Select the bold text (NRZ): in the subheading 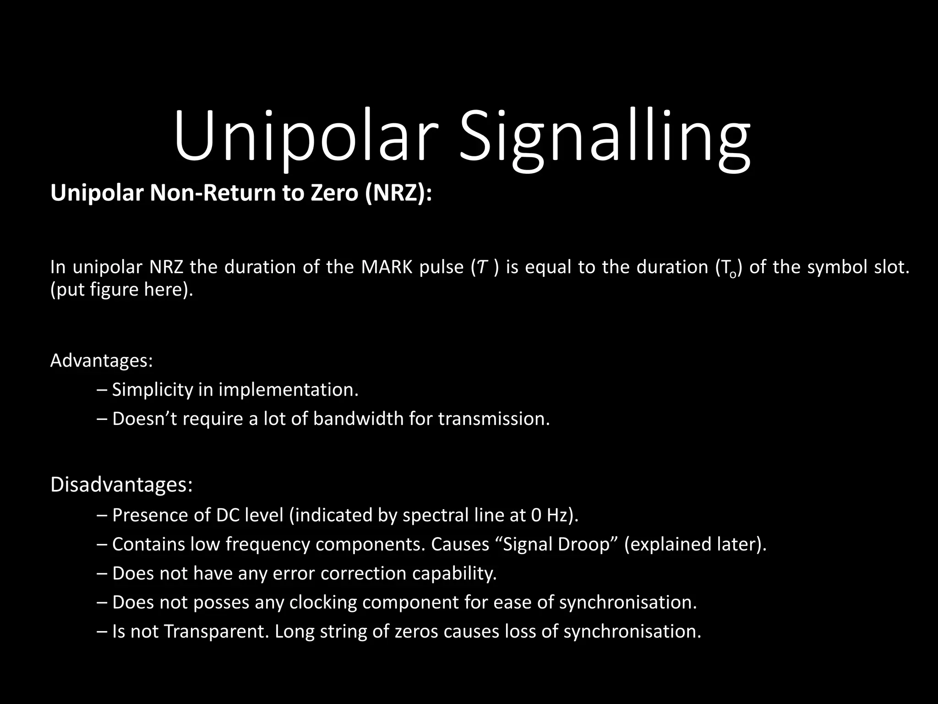point(398,193)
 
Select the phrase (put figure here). point(122,290)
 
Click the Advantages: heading point(101,361)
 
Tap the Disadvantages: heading point(121,485)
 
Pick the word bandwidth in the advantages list point(358,419)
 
